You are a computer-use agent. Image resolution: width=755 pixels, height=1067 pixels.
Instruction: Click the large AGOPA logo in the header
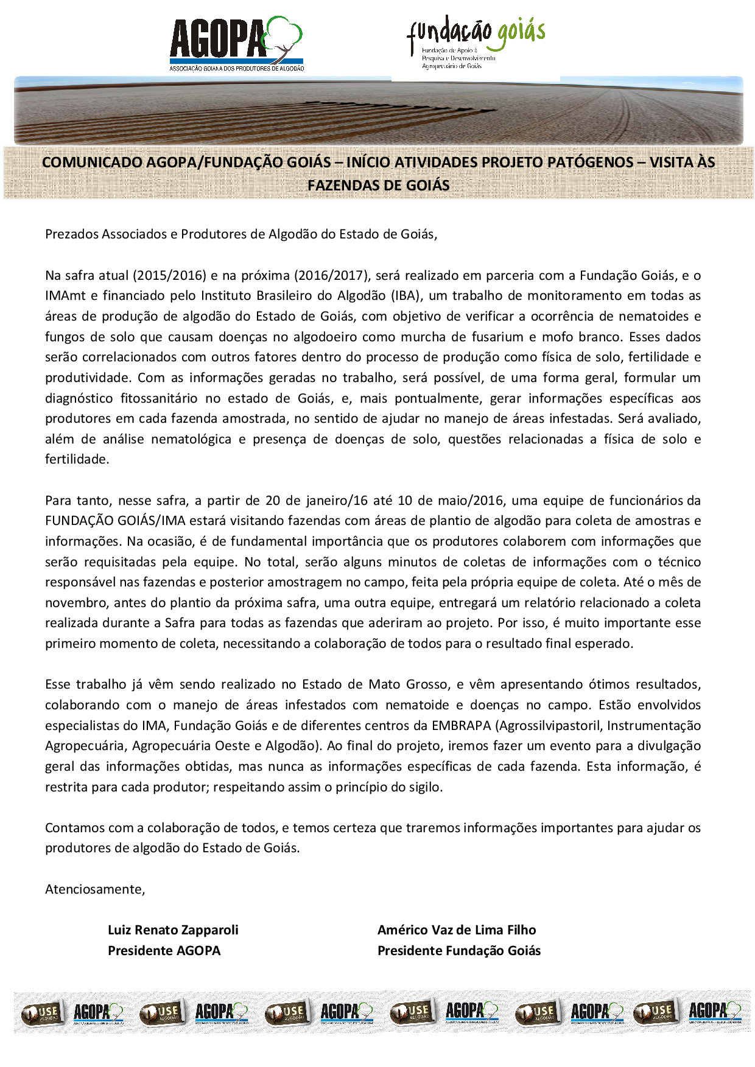coord(236,43)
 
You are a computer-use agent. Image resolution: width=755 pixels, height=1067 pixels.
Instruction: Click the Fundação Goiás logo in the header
coord(476,41)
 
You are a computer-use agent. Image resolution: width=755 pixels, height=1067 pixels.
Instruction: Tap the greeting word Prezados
coord(72,234)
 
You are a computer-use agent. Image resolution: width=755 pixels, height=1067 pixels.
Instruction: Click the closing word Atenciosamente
coord(94,889)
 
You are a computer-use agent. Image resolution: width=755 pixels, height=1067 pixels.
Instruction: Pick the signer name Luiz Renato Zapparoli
coord(173,930)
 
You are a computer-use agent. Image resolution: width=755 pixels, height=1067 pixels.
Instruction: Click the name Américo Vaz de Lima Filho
coord(457,930)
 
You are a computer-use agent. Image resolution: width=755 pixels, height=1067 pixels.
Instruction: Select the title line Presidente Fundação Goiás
coord(459,951)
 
